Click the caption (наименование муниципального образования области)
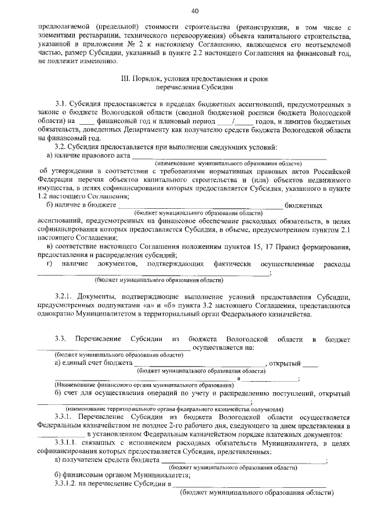coord(228,164)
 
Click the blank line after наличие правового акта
coord(229,156)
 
